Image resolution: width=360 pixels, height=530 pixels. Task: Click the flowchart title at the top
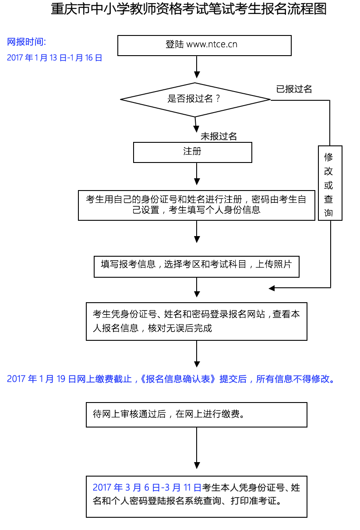189,9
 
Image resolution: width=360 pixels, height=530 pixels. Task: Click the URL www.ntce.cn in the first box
212,44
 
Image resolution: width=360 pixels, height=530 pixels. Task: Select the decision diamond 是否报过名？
195,99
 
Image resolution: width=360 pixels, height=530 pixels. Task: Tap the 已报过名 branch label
294,89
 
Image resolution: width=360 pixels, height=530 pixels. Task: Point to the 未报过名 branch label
219,137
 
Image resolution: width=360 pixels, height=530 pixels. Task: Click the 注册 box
192,152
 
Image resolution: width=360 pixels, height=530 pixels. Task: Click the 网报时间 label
26,42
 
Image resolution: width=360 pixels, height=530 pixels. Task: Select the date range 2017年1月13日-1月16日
54,58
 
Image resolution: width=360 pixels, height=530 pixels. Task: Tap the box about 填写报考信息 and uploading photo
196,266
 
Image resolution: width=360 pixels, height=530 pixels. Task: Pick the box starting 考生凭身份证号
196,321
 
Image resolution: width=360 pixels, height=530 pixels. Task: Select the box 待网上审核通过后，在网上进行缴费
196,414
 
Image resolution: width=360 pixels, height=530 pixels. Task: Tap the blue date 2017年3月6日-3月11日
147,488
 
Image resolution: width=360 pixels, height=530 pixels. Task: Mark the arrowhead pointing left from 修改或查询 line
272,288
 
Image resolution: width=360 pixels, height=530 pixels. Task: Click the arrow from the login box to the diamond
197,68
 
